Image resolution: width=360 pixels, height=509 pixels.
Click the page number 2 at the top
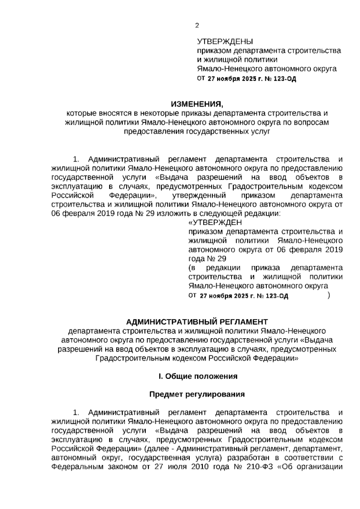197,26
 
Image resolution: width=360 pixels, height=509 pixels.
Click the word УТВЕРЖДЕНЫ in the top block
225,41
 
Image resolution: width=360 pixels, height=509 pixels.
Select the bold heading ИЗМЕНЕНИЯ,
197,104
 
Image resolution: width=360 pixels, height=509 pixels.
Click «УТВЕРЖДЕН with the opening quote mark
215,223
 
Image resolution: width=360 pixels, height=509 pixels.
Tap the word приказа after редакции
266,267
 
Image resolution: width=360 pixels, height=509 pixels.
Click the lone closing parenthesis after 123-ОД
329,296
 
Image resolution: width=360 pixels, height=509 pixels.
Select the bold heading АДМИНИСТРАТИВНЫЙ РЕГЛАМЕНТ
197,322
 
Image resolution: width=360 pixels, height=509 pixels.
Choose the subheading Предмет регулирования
197,394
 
